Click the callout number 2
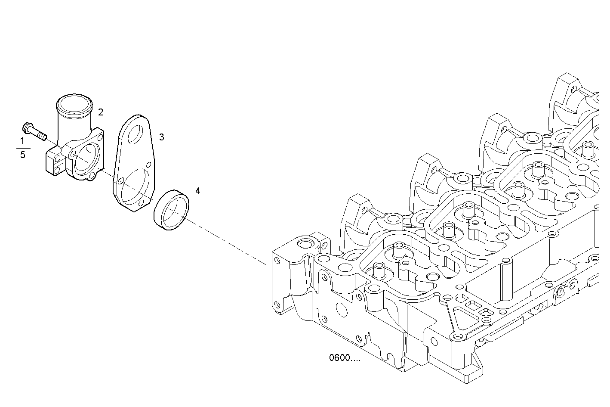[x=101, y=112]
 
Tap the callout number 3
[x=161, y=137]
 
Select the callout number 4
[x=197, y=191]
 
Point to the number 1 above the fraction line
[x=22, y=141]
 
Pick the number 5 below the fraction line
[x=22, y=154]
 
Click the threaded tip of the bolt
[x=42, y=137]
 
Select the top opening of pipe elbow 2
[x=74, y=104]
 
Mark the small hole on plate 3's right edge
[x=149, y=164]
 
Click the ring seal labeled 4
[x=172, y=210]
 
